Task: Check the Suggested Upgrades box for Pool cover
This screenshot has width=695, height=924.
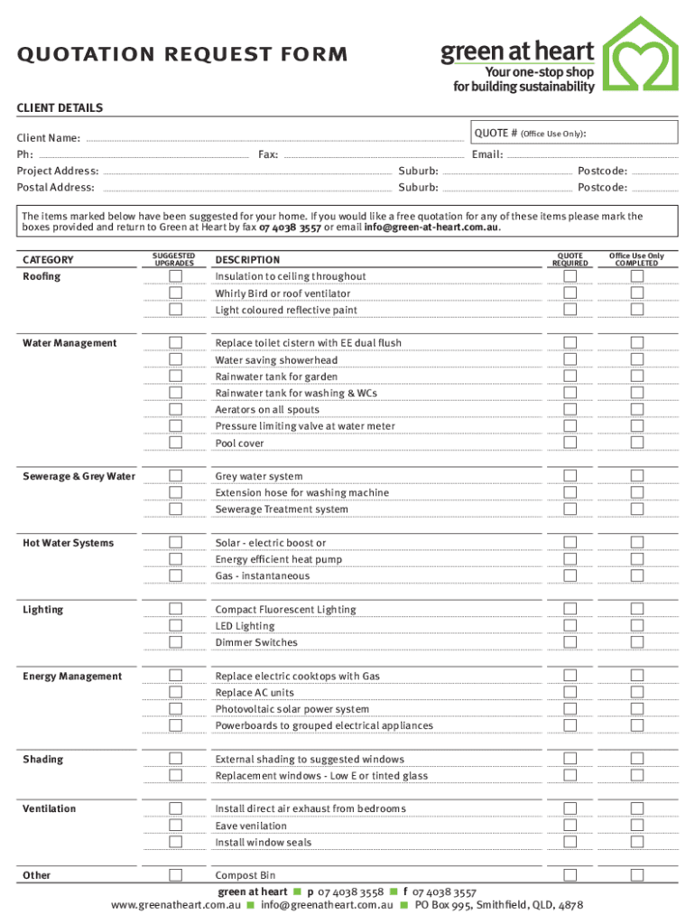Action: (x=176, y=443)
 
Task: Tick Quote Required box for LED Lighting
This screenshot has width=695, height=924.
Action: (x=570, y=626)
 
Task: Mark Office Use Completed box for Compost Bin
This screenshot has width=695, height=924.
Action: (x=637, y=875)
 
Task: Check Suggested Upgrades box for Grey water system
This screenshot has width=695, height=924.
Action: (x=176, y=476)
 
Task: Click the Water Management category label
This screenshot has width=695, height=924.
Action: (x=69, y=343)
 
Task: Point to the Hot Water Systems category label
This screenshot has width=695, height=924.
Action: (x=69, y=543)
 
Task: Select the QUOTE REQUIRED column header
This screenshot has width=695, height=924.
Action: (x=570, y=260)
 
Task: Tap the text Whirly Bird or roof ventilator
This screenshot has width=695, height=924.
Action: (x=283, y=293)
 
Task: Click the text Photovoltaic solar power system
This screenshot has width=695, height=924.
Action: (x=292, y=709)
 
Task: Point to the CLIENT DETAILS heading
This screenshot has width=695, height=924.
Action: (x=60, y=108)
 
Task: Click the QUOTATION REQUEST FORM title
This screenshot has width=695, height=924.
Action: (x=181, y=55)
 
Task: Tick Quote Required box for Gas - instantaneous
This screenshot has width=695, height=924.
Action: (x=570, y=576)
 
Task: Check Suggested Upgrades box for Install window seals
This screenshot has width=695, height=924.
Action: (x=176, y=842)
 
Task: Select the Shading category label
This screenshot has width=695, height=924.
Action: (x=43, y=759)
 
